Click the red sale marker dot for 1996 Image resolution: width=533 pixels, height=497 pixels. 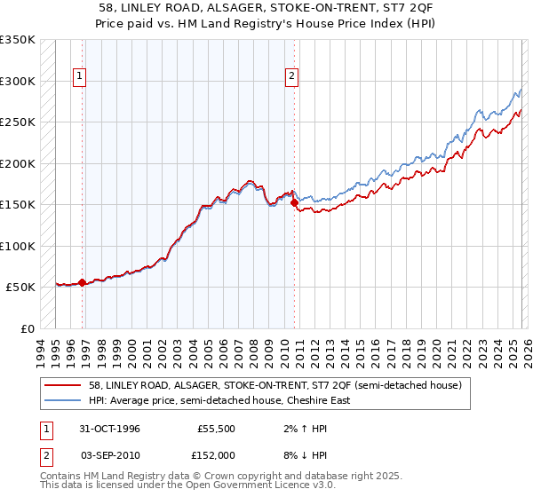83,282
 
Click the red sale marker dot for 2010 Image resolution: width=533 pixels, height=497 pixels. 295,203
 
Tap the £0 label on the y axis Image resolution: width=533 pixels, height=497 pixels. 28,328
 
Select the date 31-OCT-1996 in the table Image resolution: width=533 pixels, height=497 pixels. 105,428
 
